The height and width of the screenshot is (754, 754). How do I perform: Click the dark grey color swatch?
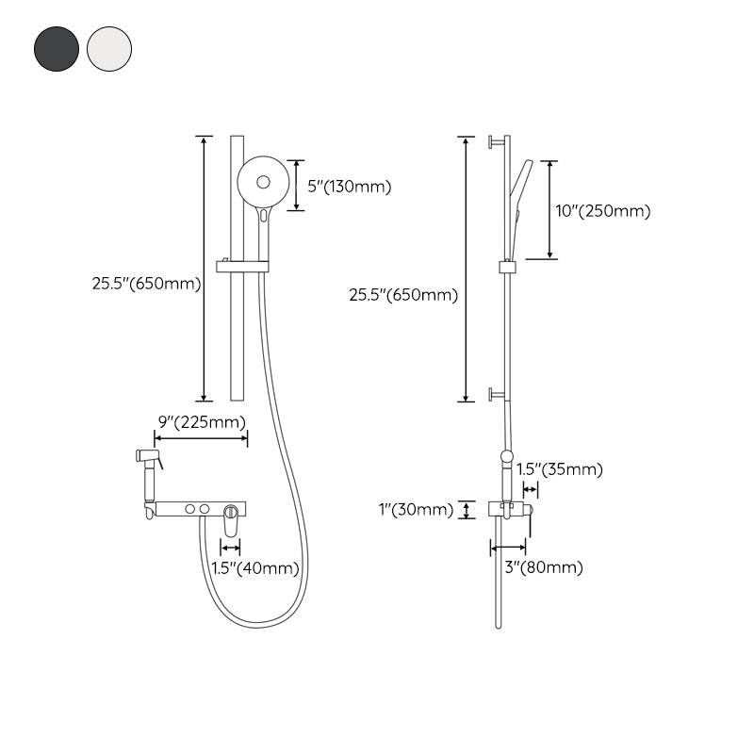point(56,47)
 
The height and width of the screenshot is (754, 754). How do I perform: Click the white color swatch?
point(109,47)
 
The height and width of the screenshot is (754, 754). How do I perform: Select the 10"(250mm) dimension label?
point(603,211)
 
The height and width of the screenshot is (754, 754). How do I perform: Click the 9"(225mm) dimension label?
point(202,421)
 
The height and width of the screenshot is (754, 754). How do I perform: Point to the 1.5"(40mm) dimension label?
point(254,567)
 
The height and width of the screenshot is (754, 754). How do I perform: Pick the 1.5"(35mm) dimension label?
point(560,469)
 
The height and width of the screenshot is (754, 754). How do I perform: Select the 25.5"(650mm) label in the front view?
point(146,284)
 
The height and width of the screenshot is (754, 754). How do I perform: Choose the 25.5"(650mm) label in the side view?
point(403,295)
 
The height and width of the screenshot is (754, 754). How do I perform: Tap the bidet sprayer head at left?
point(148,458)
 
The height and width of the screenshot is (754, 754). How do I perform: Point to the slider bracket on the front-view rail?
point(242,266)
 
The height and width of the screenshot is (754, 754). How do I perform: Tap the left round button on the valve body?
point(191,509)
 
